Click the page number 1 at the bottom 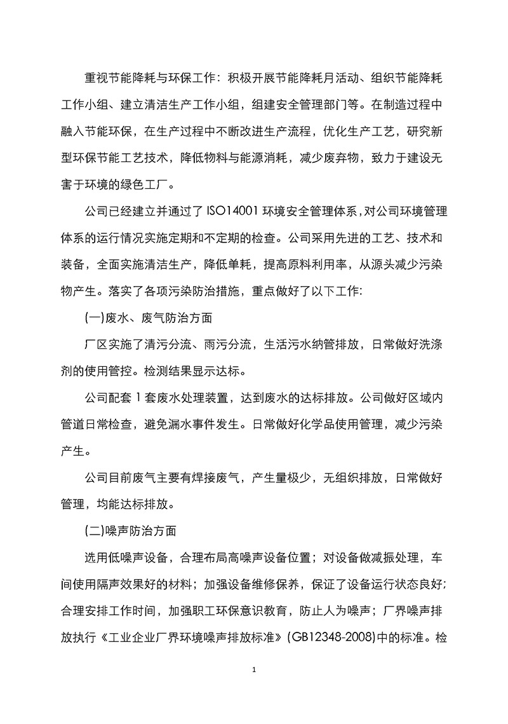(254, 688)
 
